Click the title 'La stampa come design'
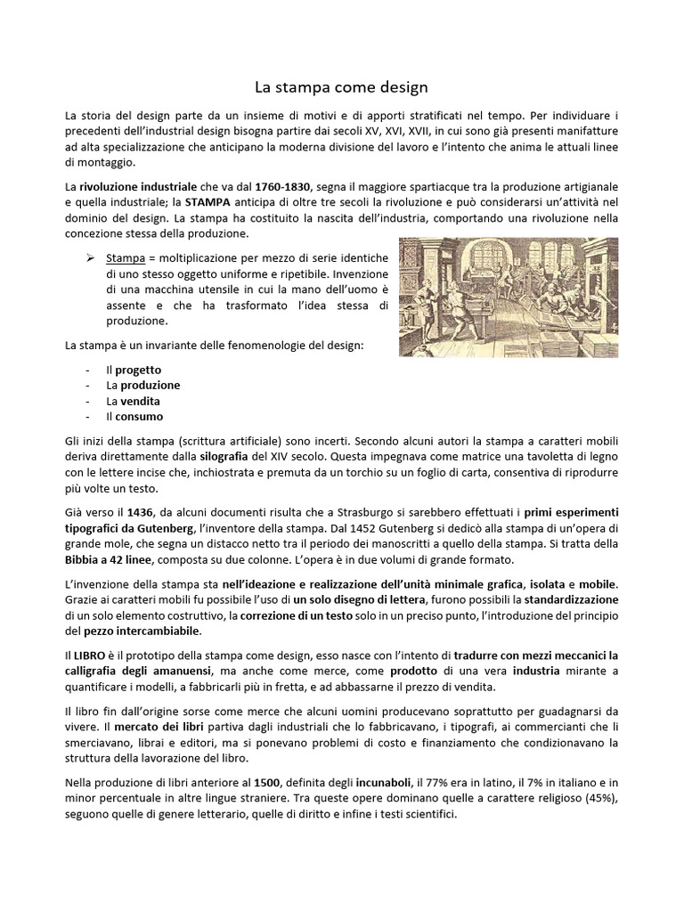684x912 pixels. click(342, 87)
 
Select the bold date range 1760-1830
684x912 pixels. click(282, 185)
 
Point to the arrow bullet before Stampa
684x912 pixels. click(91, 258)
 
